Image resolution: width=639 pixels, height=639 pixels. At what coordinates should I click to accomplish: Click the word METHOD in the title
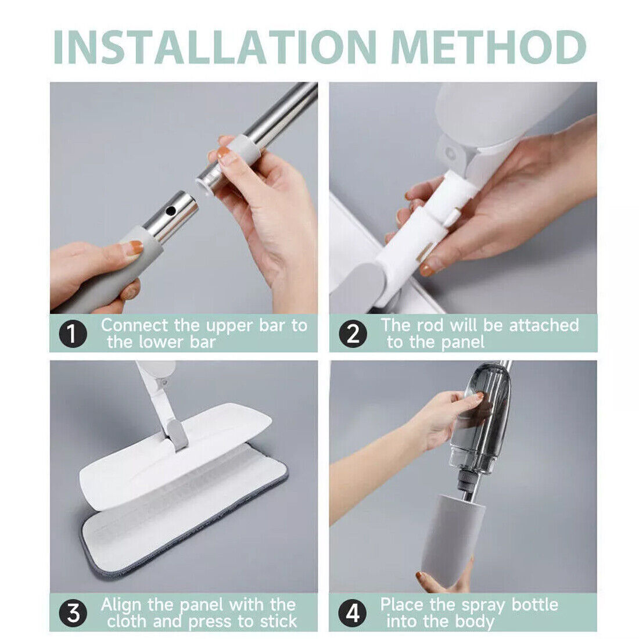coord(489,46)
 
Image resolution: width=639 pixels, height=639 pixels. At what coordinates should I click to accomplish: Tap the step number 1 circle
coord(73,335)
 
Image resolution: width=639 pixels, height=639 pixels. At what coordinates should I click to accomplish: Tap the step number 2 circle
coord(353,335)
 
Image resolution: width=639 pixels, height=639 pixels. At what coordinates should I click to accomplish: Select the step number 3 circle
coord(73,613)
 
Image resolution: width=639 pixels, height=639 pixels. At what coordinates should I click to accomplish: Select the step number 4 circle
coord(353,613)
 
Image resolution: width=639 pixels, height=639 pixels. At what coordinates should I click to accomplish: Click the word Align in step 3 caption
coord(122,605)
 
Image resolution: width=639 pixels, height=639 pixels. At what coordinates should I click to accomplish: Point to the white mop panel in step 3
coord(174,453)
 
